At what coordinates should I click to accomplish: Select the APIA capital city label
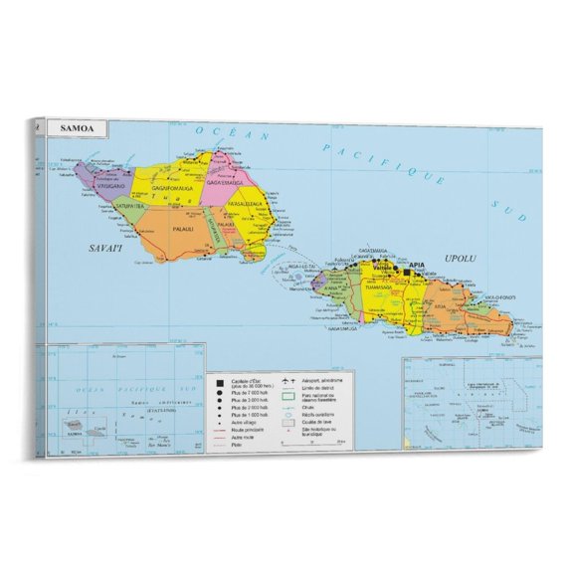click(418, 266)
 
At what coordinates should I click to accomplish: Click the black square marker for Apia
click(407, 271)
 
